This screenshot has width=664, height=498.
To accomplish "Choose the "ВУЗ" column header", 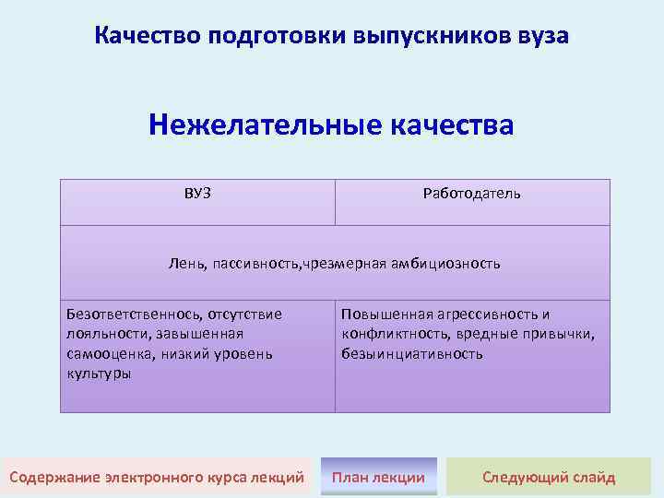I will [197, 193].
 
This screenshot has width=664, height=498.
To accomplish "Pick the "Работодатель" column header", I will [471, 194].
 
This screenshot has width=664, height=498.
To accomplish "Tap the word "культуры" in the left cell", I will [99, 373].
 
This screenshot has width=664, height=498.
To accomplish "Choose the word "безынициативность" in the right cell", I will [411, 354].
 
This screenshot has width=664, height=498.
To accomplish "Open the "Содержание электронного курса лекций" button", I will [157, 477].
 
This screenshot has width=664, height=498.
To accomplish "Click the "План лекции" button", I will [378, 477].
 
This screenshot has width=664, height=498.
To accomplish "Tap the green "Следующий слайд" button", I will [549, 477].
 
